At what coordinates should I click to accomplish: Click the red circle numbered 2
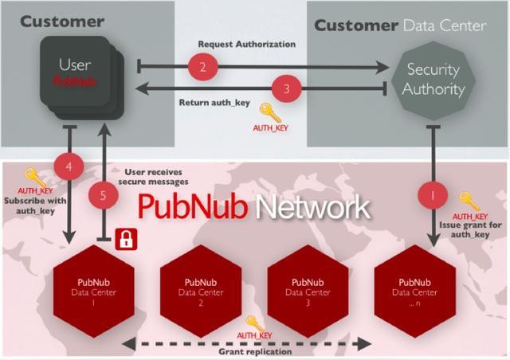(x=202, y=67)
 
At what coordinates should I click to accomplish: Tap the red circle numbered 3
(x=288, y=88)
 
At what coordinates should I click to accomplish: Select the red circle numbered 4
(x=69, y=167)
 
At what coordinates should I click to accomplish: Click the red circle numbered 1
(x=433, y=194)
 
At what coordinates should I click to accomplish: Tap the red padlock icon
(x=124, y=237)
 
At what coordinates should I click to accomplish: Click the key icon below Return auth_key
(x=271, y=112)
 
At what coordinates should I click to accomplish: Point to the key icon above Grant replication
(x=254, y=323)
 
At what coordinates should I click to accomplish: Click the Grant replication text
(x=253, y=351)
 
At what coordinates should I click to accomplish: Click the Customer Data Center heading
(x=399, y=25)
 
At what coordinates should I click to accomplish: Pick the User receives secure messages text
(x=158, y=178)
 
